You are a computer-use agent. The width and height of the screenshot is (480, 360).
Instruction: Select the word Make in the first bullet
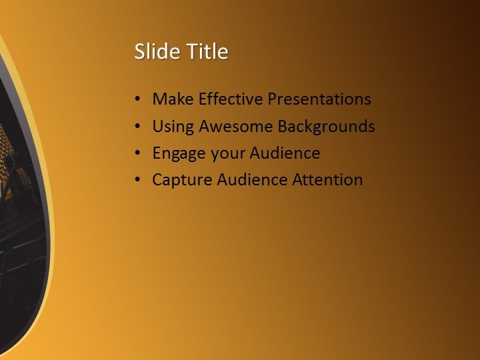pyautogui.click(x=172, y=99)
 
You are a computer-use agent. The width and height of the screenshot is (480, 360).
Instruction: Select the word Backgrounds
pyautogui.click(x=326, y=126)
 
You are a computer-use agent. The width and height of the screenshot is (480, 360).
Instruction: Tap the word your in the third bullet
pyautogui.click(x=228, y=154)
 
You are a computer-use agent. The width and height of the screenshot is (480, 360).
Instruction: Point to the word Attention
pyautogui.click(x=327, y=180)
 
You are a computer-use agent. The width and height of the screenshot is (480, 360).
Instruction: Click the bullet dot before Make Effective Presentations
pyautogui.click(x=137, y=100)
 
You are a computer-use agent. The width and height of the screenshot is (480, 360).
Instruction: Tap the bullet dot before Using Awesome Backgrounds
pyautogui.click(x=137, y=127)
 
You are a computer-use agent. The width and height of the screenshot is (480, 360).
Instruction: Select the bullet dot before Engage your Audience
pyautogui.click(x=137, y=154)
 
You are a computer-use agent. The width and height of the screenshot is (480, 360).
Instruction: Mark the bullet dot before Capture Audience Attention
pyautogui.click(x=137, y=181)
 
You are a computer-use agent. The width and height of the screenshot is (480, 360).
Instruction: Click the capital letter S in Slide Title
pyautogui.click(x=139, y=52)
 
